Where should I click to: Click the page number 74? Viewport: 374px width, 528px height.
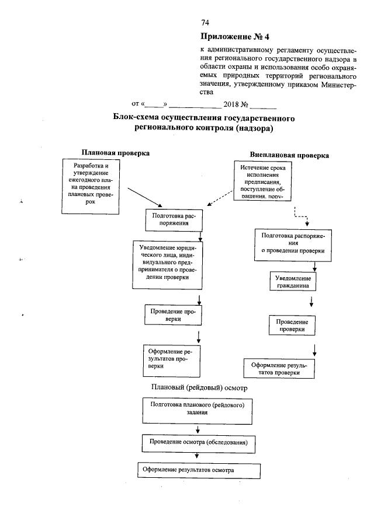205,23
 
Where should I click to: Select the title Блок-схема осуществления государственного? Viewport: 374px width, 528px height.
203,118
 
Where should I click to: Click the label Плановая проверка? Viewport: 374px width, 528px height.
115,152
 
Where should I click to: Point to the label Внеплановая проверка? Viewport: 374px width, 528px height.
289,156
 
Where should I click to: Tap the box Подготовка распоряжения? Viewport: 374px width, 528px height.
173,219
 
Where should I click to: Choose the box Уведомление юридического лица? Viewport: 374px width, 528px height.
168,264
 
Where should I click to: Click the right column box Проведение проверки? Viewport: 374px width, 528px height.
292,326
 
